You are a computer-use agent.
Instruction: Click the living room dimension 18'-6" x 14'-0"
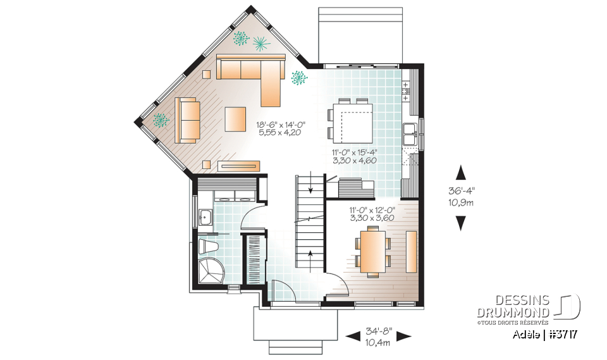point(281,125)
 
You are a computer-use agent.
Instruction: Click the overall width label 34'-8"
point(379,331)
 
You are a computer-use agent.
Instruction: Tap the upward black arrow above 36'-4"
point(462,173)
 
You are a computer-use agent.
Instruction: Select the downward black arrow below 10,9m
point(462,223)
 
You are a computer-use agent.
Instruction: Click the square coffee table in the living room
point(235,118)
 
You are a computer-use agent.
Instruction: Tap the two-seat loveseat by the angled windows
point(187,119)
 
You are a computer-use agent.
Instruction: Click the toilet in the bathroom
point(207,245)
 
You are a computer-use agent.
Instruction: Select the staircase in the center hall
point(309,221)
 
